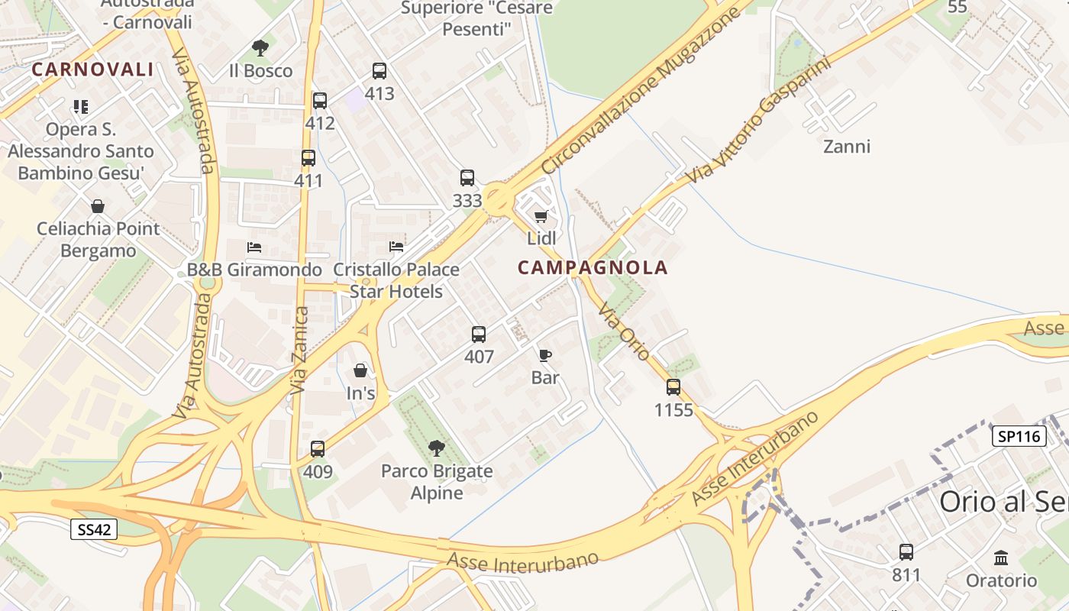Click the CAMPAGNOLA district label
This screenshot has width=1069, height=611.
pos(593,268)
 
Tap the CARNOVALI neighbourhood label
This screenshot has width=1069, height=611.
pos(92,70)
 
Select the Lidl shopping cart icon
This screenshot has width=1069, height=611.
pos(541,217)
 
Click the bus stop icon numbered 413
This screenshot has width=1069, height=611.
pos(379,71)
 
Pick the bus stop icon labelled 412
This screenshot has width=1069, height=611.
pos(320,101)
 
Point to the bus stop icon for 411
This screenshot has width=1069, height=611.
pos(308,158)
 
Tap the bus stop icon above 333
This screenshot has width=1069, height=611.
pos(467,178)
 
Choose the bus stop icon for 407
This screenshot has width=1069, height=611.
pos(479,334)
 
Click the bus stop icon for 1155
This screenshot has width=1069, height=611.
pos(673,387)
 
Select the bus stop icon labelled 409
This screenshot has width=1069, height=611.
pos(318,449)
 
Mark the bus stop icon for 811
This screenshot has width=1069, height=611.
pos(906,551)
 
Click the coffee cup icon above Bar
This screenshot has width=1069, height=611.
pos(545,355)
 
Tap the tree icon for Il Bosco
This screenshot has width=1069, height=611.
pos(260,48)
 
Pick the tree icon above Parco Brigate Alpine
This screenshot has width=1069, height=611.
pos(437,448)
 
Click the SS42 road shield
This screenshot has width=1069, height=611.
pos(94,529)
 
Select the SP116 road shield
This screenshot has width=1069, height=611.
pos(1019,436)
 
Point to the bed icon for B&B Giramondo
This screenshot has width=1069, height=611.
pos(254,247)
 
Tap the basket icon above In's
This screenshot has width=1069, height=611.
pos(360,371)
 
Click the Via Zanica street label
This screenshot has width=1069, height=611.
pos(299,351)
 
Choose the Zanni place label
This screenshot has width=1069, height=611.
pos(847,146)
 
